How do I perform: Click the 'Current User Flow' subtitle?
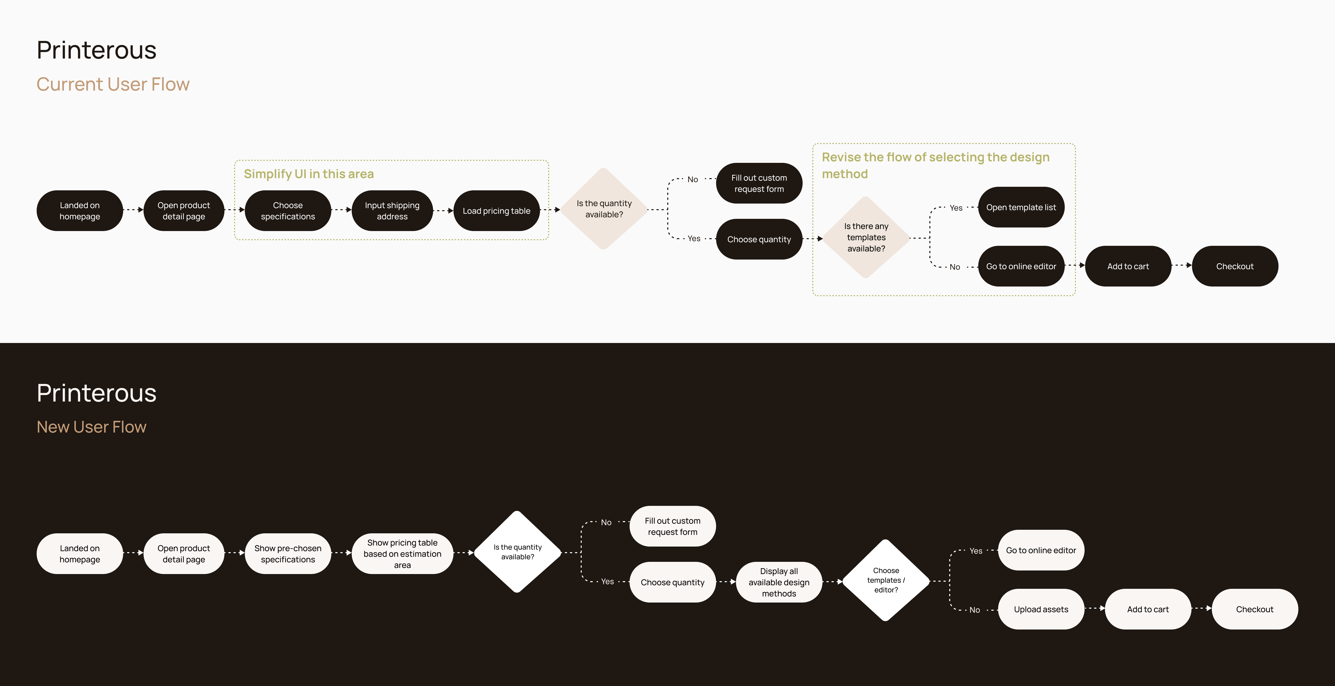(113, 84)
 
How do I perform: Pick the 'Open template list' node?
(1021, 207)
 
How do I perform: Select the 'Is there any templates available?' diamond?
(866, 237)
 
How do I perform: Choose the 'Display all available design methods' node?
(779, 582)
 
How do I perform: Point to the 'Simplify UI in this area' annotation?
(309, 174)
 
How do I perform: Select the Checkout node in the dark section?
(1255, 609)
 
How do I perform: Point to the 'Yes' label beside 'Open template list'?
(956, 208)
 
